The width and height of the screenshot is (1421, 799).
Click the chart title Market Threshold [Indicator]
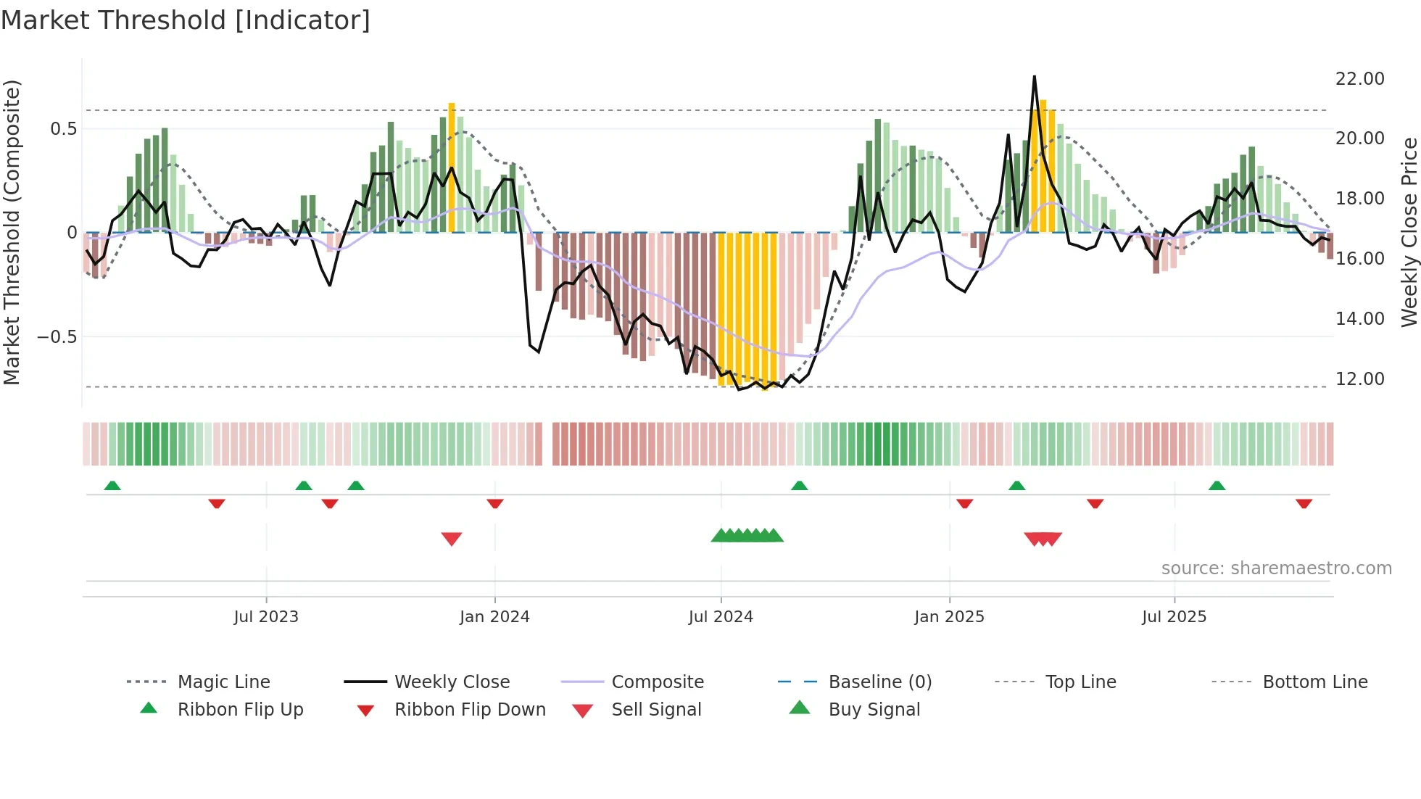tap(186, 20)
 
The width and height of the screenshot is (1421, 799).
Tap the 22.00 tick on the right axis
tap(1359, 78)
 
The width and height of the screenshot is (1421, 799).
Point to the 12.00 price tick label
tap(1359, 378)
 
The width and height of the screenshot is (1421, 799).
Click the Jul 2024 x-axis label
tap(721, 616)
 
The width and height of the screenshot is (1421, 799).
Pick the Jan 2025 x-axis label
tap(949, 616)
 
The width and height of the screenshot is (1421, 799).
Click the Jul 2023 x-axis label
tap(266, 616)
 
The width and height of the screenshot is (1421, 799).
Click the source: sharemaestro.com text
tap(1276, 568)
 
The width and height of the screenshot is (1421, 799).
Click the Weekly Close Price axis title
tap(1409, 232)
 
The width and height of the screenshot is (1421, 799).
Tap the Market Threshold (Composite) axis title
tap(12, 232)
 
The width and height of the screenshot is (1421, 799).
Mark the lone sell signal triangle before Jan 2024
tap(452, 538)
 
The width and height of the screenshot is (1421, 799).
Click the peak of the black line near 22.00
tap(1034, 77)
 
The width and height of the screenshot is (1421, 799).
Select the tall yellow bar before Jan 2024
tap(452, 167)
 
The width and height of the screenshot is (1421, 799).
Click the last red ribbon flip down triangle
tap(1304, 502)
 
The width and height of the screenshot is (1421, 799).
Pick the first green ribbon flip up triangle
tap(112, 486)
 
